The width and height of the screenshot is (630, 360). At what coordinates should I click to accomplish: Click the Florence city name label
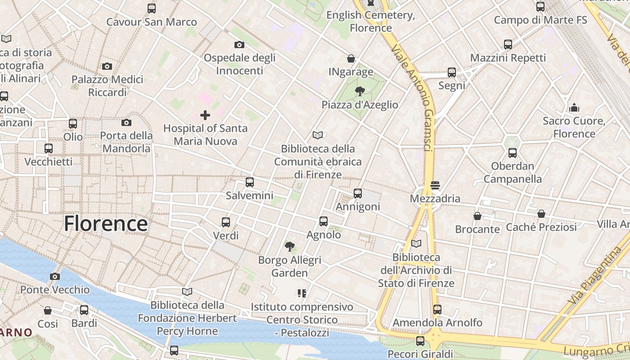[x=106, y=224]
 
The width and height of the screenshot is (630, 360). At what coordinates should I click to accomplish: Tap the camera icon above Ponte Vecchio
[x=55, y=276]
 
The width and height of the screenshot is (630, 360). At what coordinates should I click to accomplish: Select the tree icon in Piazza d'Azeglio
[x=360, y=92]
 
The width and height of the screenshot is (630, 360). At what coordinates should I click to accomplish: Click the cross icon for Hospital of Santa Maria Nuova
[x=205, y=115]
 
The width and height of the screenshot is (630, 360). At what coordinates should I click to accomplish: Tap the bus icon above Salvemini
[x=250, y=182]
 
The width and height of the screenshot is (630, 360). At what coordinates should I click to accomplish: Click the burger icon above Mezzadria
[x=435, y=185]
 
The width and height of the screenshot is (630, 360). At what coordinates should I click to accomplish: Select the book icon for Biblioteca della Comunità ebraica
[x=318, y=135]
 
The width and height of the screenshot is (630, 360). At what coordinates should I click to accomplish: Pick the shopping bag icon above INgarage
[x=351, y=58]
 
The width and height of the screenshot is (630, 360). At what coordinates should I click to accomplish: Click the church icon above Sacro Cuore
[x=574, y=108]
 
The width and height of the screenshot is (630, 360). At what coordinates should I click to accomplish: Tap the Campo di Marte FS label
[x=540, y=20]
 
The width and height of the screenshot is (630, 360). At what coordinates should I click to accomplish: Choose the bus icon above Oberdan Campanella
[x=513, y=153]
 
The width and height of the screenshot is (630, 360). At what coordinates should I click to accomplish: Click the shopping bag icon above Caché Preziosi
[x=541, y=214]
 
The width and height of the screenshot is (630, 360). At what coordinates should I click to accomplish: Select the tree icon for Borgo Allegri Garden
[x=290, y=247]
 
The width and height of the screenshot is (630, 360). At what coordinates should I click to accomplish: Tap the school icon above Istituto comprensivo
[x=302, y=293]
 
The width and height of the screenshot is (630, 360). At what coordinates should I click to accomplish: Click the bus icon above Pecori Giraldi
[x=420, y=341]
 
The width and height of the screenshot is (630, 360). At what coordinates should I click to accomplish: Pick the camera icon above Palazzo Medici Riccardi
[x=107, y=67]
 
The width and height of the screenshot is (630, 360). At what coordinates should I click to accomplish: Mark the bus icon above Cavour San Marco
[x=152, y=8]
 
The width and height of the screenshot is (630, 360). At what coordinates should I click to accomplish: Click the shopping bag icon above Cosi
[x=48, y=310]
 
